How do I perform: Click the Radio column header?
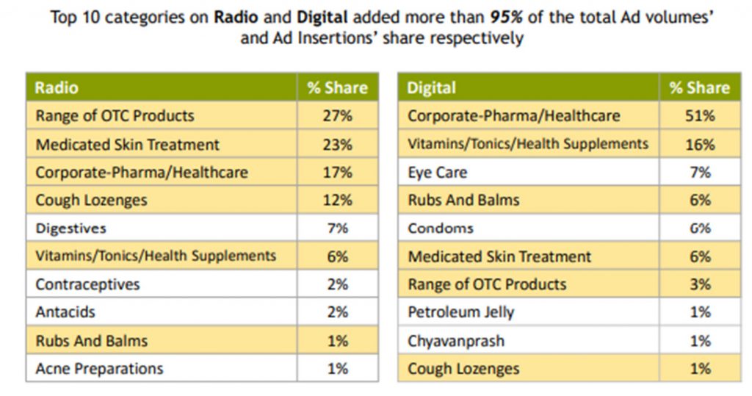[57, 88]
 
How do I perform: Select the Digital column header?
[431, 88]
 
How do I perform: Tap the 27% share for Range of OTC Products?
[337, 116]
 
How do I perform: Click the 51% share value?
[700, 116]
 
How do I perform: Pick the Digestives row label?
[71, 228]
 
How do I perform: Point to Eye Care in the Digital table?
[437, 173]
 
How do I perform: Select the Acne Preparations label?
[99, 368]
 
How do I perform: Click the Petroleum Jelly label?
[461, 312]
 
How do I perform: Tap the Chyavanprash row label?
[456, 341]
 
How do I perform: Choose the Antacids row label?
[65, 312]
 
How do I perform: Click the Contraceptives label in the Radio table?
[87, 284]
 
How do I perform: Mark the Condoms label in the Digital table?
[441, 228]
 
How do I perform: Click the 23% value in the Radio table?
[337, 145]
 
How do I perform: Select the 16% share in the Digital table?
[700, 145]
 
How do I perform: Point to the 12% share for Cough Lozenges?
[337, 201]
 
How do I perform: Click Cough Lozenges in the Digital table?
[463, 369]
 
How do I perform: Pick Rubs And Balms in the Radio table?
[91, 341]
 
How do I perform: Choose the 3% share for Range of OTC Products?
[700, 284]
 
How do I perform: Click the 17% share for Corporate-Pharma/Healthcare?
[337, 173]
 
